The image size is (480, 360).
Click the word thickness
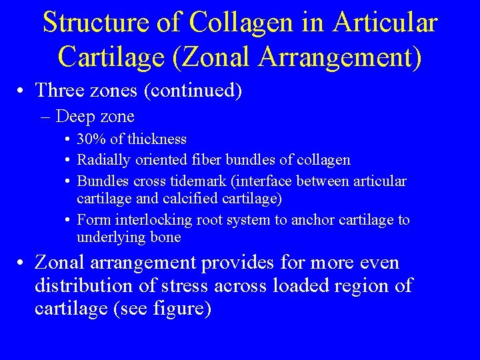[158, 139]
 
